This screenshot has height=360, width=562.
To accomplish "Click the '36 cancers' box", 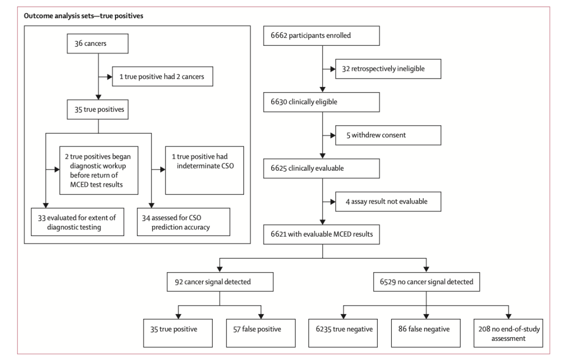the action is point(97,44).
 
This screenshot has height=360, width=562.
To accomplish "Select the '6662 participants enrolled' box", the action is point(322,36).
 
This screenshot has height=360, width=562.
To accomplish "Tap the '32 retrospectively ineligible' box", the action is point(388,69).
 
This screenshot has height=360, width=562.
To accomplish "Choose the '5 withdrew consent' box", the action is point(388,135).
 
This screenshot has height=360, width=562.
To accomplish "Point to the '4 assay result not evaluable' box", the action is point(388,202).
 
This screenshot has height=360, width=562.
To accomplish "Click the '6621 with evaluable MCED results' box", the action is point(322,235).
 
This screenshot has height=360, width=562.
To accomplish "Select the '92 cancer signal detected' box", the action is point(220,282).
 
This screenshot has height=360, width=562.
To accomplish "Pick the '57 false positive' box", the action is point(261,333).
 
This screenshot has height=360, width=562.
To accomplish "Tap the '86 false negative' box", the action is point(426,333).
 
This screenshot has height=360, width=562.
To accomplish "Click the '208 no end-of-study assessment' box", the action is point(508,333).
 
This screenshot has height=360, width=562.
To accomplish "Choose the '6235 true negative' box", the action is point(343,333).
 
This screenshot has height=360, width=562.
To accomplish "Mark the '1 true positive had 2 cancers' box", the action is point(163,76).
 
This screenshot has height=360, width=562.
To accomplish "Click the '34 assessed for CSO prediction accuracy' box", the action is point(184,222).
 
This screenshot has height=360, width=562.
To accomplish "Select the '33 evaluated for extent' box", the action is point(78,222).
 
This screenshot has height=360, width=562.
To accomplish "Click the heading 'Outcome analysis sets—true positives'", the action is point(83,16).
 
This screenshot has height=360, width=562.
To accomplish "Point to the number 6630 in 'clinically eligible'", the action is point(279,102).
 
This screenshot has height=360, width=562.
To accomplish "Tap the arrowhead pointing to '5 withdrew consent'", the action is point(333,135).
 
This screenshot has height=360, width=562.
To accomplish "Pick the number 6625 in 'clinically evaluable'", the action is point(279,169).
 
